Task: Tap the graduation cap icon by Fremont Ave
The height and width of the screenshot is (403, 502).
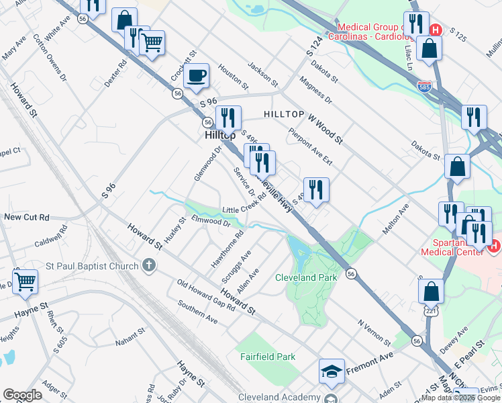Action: point(332,371)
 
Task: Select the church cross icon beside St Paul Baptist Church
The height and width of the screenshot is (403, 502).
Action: point(149,267)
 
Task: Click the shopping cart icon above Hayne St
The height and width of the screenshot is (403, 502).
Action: point(25,281)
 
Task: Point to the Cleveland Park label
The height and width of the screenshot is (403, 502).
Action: point(306,277)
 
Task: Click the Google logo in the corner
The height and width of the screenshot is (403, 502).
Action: point(22,395)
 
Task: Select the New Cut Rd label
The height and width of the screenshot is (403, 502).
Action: point(27,218)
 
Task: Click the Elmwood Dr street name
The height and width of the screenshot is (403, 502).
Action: point(211,221)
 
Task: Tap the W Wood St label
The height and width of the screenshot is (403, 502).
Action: point(325,127)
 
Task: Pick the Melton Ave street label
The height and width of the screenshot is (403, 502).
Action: point(395,222)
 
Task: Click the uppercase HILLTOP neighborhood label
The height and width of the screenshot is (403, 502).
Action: point(285,115)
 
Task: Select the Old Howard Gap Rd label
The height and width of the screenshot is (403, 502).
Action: point(206,293)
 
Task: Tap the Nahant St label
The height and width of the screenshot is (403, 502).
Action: point(130,338)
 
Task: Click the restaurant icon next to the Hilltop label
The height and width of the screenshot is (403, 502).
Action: point(228,118)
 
